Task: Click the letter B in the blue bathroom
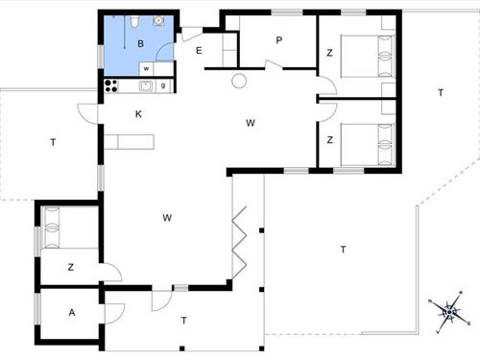click(140, 43)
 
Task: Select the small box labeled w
click(145, 69)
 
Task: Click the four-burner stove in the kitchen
click(110, 86)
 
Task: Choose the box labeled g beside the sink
click(164, 86)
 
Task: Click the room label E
click(199, 50)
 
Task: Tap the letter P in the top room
click(278, 40)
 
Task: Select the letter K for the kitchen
click(139, 114)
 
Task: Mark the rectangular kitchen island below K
click(130, 143)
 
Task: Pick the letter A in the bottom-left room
click(71, 313)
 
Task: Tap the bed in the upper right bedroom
click(363, 54)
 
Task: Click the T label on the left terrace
click(53, 143)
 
